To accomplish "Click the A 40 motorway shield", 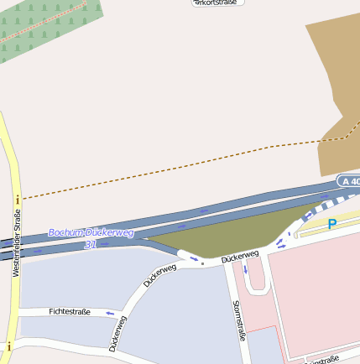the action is coord(348,181).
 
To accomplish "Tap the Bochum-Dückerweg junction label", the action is coord(91,232).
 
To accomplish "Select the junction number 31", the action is coord(90,245).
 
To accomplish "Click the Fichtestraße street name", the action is coord(70,311).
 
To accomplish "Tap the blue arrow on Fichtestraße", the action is coord(110,314).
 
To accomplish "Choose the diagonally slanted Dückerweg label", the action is coord(159,275).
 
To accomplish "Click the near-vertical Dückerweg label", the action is coord(117,333).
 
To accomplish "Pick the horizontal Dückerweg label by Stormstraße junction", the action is coord(240,257).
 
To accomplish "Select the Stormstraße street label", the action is coord(239,320).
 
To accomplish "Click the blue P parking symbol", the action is coord(332,224).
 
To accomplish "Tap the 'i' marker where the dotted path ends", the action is coord(17,199).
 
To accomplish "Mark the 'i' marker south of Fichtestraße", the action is coord(8,346).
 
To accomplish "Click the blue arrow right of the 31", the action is coord(107,243).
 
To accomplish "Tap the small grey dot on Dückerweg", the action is coord(202,263).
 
